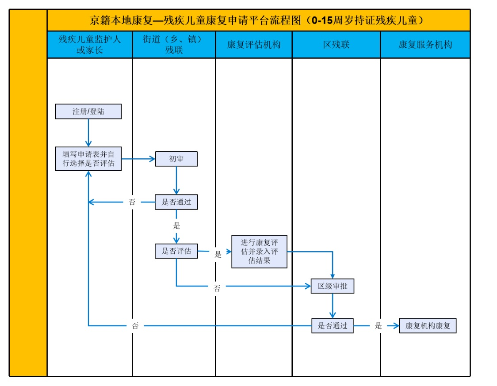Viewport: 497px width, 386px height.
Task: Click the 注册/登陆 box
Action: coord(88,111)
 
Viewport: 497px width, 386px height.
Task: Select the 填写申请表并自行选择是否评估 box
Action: coord(88,159)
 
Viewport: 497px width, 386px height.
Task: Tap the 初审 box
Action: coord(176,159)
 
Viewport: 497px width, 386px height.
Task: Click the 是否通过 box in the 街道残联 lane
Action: coord(176,202)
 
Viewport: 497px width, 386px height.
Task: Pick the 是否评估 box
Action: coord(176,251)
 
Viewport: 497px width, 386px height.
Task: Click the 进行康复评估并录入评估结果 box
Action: coord(259,252)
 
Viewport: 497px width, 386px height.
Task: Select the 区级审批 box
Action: coord(333,286)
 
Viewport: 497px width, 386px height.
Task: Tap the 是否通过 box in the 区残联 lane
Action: coord(333,326)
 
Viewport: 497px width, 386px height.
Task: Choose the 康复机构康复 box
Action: coord(428,326)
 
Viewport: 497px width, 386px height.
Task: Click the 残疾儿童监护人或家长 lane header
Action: coord(90,45)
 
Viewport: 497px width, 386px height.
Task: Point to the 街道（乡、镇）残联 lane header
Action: coord(174,45)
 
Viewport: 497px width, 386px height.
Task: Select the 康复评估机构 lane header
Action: coord(254,45)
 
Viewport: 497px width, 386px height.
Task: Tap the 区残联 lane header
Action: coord(336,45)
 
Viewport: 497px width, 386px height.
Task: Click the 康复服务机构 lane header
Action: coord(425,45)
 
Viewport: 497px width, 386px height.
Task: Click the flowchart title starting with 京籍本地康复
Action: coord(258,20)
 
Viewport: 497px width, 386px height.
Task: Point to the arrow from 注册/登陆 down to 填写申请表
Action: coord(88,133)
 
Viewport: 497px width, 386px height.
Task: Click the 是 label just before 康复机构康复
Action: coord(378,326)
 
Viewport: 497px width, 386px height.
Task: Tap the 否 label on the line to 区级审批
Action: coord(217,289)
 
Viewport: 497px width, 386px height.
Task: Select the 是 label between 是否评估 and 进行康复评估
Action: coord(218,254)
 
